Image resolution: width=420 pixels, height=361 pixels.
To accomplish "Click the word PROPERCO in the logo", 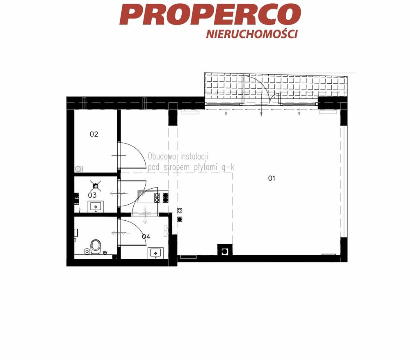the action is point(210,14).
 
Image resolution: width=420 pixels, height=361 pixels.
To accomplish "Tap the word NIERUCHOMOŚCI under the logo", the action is point(252,34).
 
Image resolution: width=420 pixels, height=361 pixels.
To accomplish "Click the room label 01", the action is point(272,178).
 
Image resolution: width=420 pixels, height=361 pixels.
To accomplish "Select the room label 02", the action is point(94,134).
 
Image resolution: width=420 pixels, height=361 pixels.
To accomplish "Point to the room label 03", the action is point(92,195).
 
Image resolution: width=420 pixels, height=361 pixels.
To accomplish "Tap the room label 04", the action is point(146,236).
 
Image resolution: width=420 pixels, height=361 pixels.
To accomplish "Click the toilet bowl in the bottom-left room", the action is point(96,247).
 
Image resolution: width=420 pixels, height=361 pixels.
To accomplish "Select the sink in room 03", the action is point(96,206).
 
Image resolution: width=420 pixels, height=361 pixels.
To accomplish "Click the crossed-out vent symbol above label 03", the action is point(96,185).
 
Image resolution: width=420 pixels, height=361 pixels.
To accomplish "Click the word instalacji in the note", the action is point(194,156).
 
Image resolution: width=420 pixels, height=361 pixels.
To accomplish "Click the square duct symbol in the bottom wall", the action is point(224,251).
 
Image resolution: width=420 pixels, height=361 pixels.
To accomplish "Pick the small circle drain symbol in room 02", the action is point(78,169).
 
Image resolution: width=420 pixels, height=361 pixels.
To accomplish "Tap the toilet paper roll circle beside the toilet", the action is point(87,251).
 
